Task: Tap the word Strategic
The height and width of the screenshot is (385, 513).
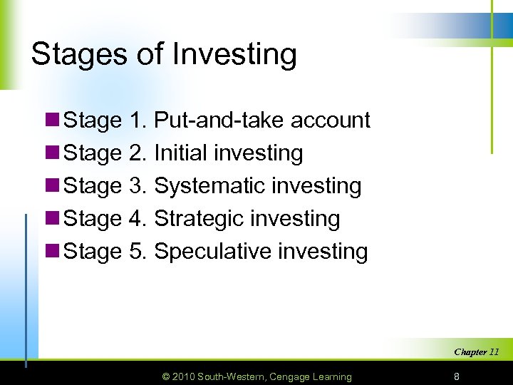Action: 202,219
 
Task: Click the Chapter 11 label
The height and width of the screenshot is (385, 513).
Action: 477,352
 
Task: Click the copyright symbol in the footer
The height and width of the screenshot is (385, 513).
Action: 166,376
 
